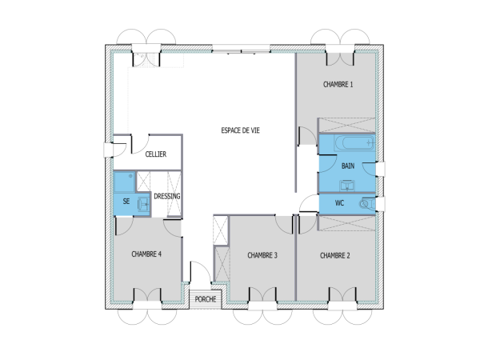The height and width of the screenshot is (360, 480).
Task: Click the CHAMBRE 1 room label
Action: (338, 84)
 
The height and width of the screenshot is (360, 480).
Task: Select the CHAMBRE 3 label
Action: (262, 256)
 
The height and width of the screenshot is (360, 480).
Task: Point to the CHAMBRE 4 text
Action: (146, 254)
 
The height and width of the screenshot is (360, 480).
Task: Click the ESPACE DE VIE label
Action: (240, 129)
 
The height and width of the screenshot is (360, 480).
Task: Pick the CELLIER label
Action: (155, 154)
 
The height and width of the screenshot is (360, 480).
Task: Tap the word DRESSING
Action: (166, 195)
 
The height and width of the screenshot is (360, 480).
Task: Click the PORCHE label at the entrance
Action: (206, 299)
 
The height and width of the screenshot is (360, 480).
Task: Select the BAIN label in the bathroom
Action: (347, 166)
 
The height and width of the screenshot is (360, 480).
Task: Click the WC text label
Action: (339, 203)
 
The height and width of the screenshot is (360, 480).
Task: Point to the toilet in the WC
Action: (366, 204)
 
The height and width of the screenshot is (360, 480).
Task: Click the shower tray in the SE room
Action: (124, 183)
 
